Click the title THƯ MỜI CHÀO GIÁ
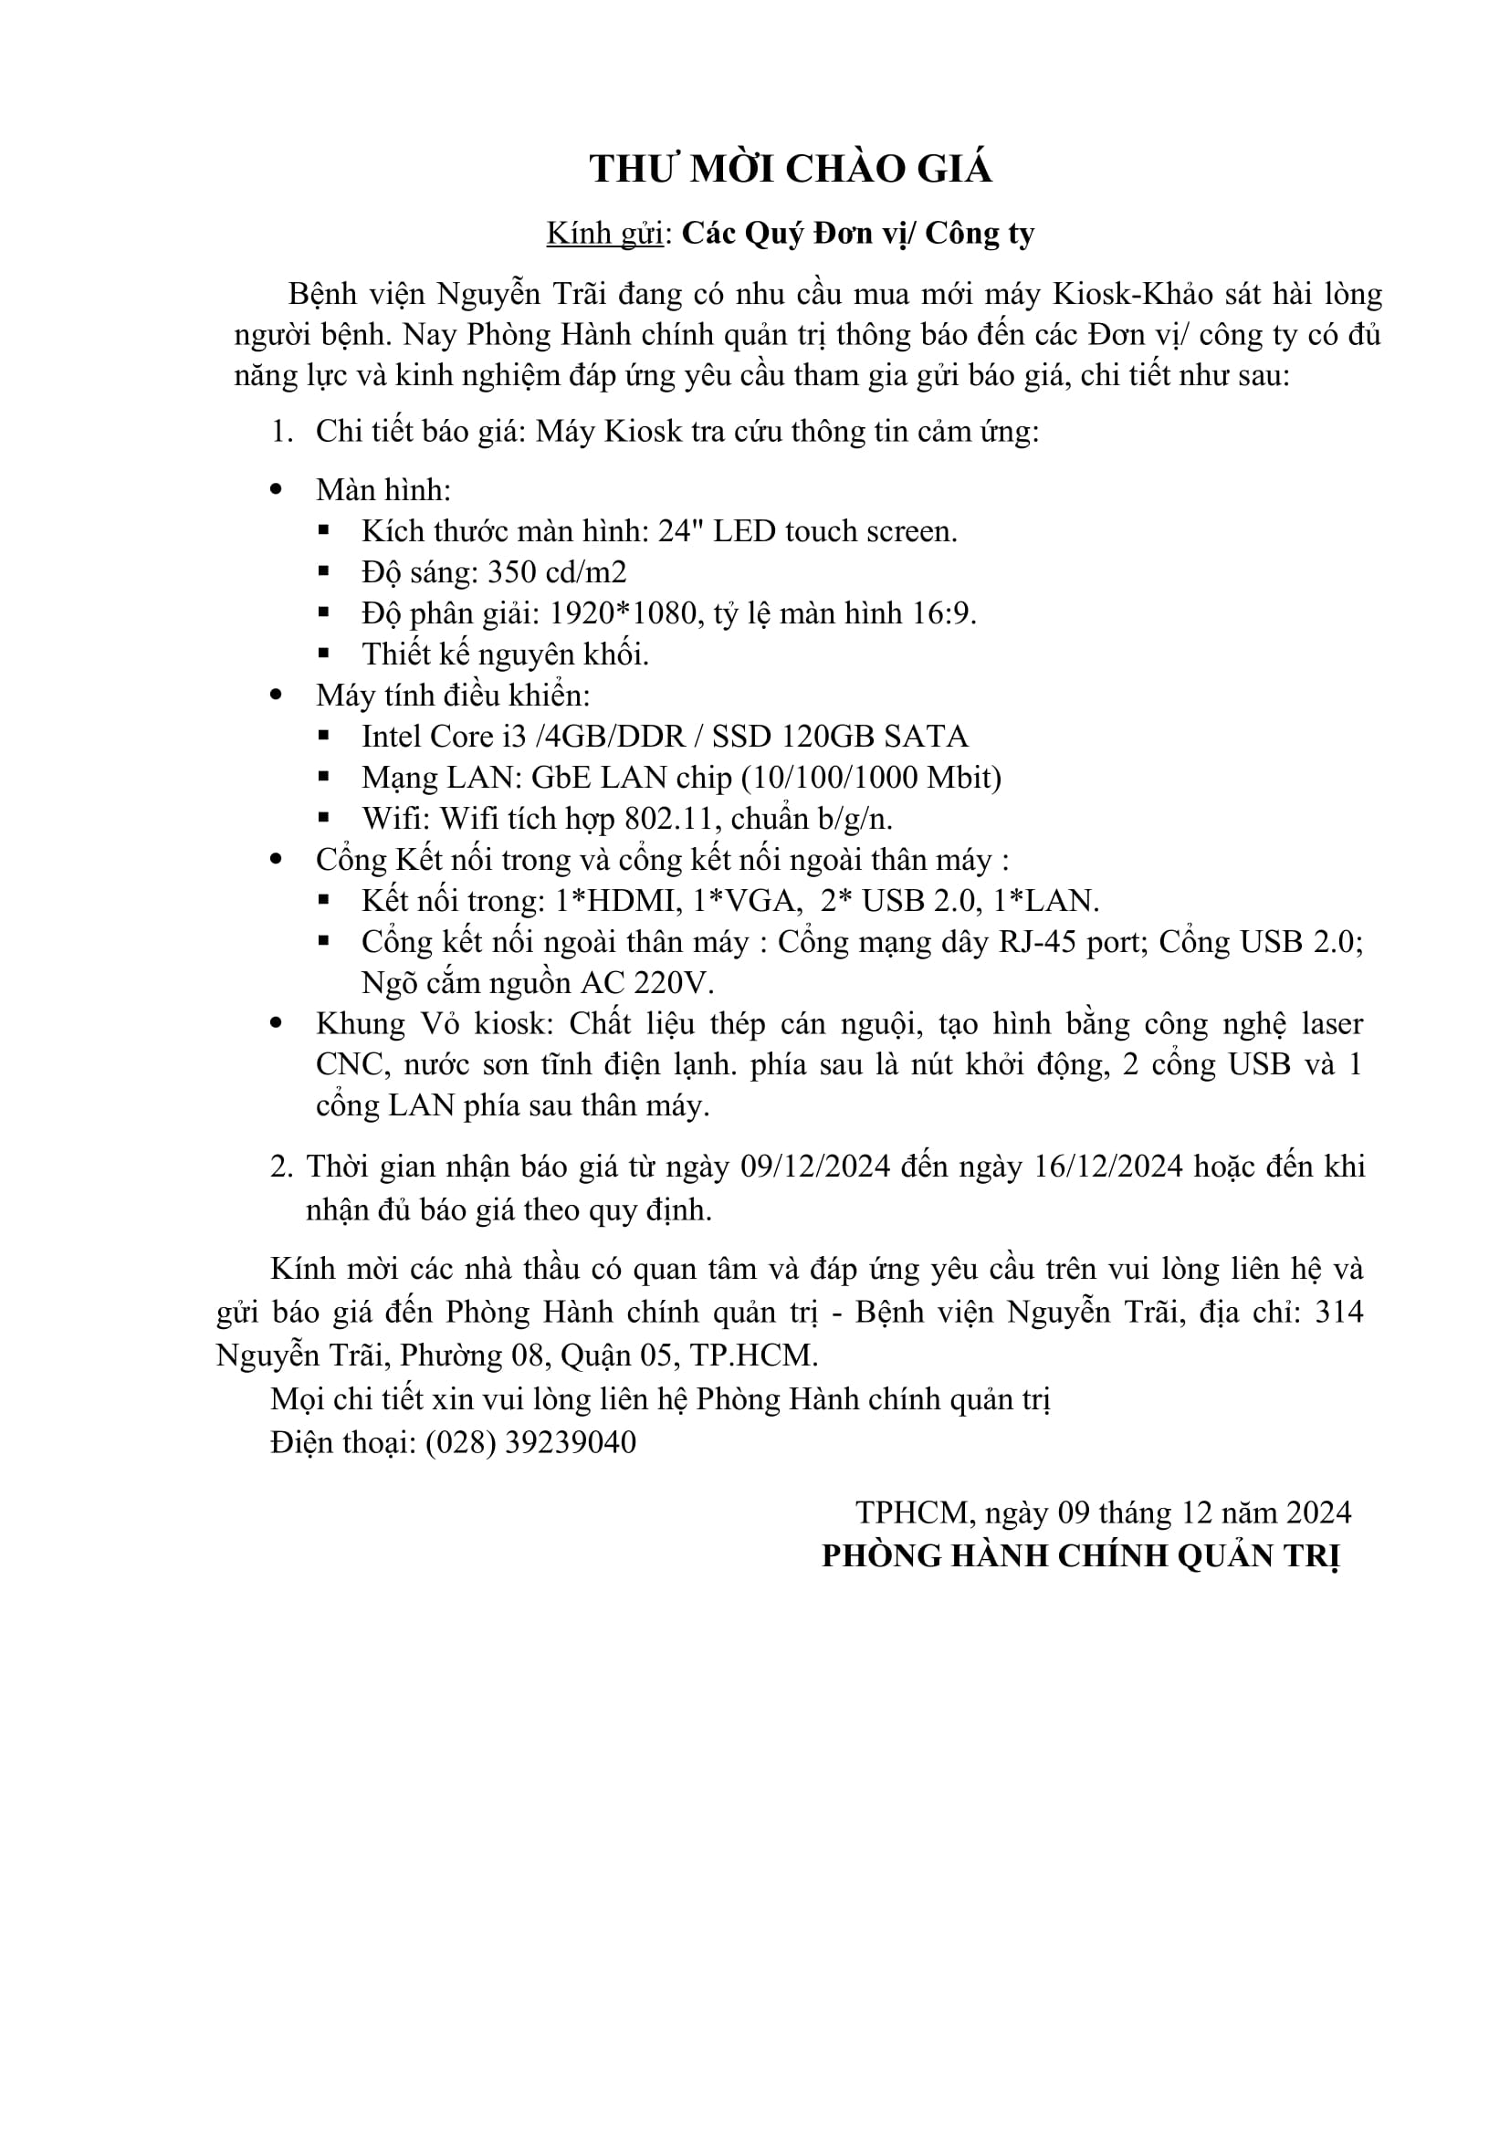(791, 168)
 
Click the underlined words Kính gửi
(604, 233)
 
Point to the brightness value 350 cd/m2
(557, 572)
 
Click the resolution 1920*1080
(623, 612)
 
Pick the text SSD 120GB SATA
(840, 737)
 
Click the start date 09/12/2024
(815, 1166)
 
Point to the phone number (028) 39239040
(531, 1442)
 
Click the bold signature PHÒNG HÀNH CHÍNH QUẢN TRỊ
(1080, 1555)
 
